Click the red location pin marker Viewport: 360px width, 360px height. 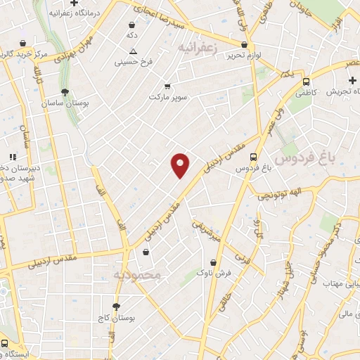click(x=181, y=165)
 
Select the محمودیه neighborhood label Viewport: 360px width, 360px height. click(x=137, y=274)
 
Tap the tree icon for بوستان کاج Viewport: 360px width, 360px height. click(x=116, y=306)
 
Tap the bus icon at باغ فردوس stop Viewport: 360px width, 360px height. click(x=252, y=157)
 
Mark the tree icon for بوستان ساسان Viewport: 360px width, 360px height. click(x=65, y=92)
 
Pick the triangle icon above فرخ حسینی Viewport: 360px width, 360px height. click(x=134, y=51)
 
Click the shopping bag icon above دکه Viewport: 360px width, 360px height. click(x=131, y=25)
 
